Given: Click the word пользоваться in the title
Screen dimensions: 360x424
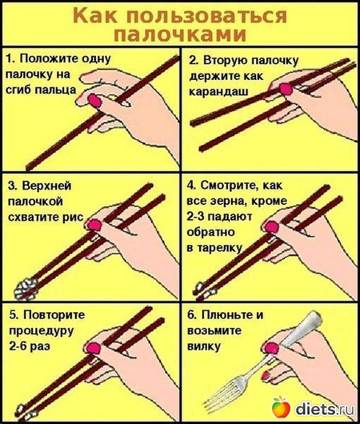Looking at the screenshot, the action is tap(205, 16).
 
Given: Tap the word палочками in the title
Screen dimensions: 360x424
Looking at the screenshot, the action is tap(180, 35).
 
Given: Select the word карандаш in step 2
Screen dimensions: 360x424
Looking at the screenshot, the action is tap(219, 92).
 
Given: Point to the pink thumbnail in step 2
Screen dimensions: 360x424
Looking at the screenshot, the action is tap(286, 89).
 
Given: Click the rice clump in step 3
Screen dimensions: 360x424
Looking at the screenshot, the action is tap(26, 288).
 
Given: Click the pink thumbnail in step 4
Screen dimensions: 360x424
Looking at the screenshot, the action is tap(271, 226).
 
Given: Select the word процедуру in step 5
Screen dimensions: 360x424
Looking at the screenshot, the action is tap(41, 331).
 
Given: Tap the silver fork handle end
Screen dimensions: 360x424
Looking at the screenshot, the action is tap(315, 319).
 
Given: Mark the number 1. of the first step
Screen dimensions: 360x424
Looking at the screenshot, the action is tap(11, 58).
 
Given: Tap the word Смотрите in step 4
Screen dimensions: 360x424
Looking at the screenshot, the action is tap(229, 185).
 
